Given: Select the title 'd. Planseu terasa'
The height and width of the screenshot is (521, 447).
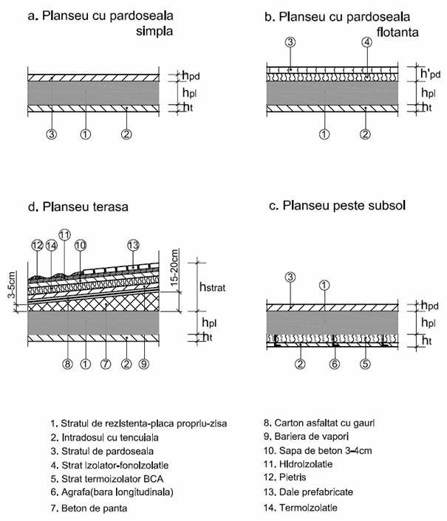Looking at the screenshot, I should (x=78, y=207).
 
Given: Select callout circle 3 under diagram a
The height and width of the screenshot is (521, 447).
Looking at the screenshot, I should (x=52, y=134).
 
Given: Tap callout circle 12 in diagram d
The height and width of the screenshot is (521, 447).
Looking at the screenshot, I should (x=37, y=245).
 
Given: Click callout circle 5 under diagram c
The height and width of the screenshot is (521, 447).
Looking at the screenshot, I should (x=364, y=363).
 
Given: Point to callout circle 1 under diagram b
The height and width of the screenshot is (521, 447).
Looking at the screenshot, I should (x=323, y=134).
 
